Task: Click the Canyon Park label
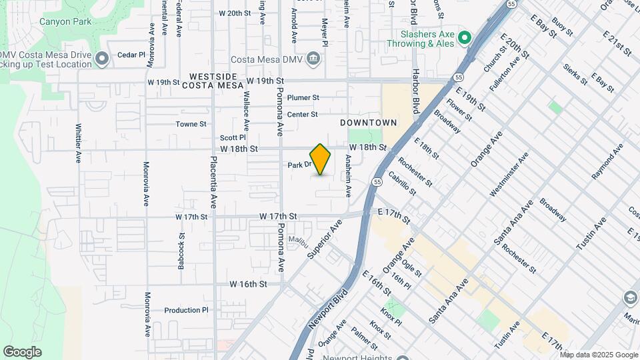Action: tap(65, 21)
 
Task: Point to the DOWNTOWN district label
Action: tap(368, 123)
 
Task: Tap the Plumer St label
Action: tap(303, 98)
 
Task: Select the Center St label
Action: tap(302, 115)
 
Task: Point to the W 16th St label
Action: tap(248, 284)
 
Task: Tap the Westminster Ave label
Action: tap(509, 175)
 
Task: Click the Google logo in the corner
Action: tap(22, 351)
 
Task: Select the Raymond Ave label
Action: tap(607, 160)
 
